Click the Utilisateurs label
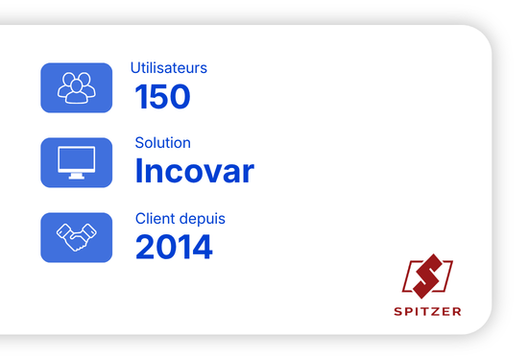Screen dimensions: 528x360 pos(169,68)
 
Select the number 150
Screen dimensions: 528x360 pos(162,97)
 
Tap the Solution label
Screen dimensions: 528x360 pos(162,143)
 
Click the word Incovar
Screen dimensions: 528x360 pos(194,171)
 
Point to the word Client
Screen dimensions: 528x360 pos(155,218)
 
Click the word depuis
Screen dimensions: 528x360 pos(202,220)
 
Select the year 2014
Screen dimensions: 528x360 pos(174,247)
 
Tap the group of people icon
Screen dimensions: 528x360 pos(77,87)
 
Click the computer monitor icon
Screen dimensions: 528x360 pos(77,162)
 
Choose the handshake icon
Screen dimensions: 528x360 pos(77,237)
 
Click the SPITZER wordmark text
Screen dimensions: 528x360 pos(427,311)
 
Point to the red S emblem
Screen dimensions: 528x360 pos(427,276)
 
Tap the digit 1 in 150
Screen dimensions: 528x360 pos(140,97)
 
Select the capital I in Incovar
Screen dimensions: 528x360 pos(138,170)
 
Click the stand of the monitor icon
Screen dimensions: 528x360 pos(77,176)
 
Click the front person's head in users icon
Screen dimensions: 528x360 pos(77,85)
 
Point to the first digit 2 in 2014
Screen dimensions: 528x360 pos(145,247)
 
